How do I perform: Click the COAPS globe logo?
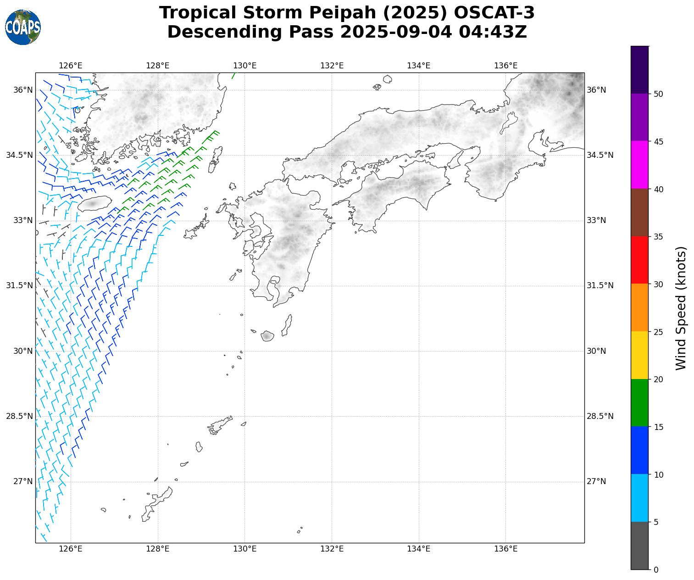click(x=23, y=27)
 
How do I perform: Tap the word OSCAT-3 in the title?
click(x=494, y=13)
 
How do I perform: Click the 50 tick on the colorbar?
click(x=658, y=94)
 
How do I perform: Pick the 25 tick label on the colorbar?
click(x=658, y=332)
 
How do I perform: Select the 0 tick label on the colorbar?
click(x=656, y=569)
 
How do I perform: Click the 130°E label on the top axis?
click(x=244, y=66)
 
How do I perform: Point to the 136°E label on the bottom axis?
click(x=505, y=549)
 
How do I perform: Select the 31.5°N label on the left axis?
click(x=19, y=285)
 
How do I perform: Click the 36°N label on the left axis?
click(x=23, y=90)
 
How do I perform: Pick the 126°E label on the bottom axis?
click(x=71, y=549)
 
